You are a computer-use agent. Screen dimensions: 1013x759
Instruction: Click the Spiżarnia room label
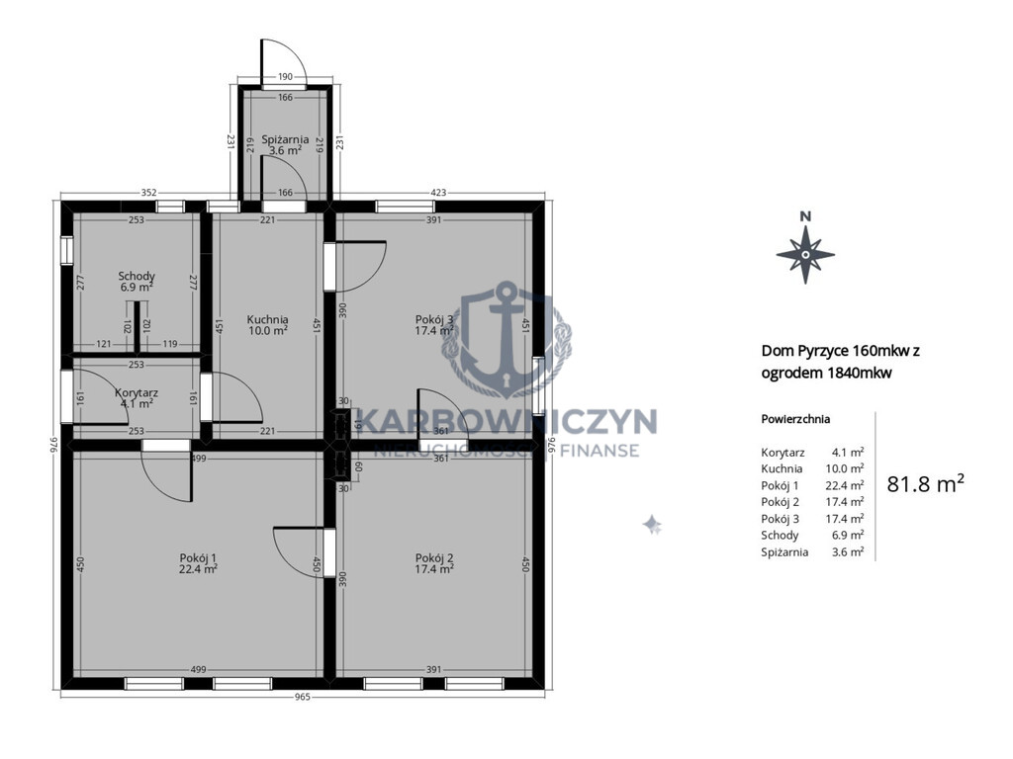(x=285, y=139)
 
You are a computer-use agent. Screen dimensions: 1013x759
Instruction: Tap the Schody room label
(x=137, y=277)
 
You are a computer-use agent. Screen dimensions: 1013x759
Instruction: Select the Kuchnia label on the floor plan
(x=267, y=319)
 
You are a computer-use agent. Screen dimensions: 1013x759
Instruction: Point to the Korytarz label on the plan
(x=137, y=392)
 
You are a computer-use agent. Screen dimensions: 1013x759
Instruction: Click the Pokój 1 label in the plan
(x=198, y=558)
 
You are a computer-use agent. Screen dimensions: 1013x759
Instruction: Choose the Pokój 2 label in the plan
(x=434, y=558)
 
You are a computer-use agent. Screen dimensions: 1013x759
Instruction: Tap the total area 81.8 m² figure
(x=925, y=483)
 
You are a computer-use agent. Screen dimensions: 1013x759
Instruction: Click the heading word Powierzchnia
(x=795, y=419)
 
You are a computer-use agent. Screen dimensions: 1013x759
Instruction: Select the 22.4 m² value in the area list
(x=848, y=485)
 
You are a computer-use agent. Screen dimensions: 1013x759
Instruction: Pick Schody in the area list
(x=780, y=535)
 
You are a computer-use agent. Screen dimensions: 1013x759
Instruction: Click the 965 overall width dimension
(x=303, y=697)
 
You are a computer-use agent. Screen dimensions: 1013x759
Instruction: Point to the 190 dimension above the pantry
(x=285, y=77)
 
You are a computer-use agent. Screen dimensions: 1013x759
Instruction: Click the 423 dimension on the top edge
(x=438, y=193)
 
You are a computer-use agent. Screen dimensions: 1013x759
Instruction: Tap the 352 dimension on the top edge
(x=148, y=193)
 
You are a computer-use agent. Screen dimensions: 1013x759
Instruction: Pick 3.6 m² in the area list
(x=848, y=551)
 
